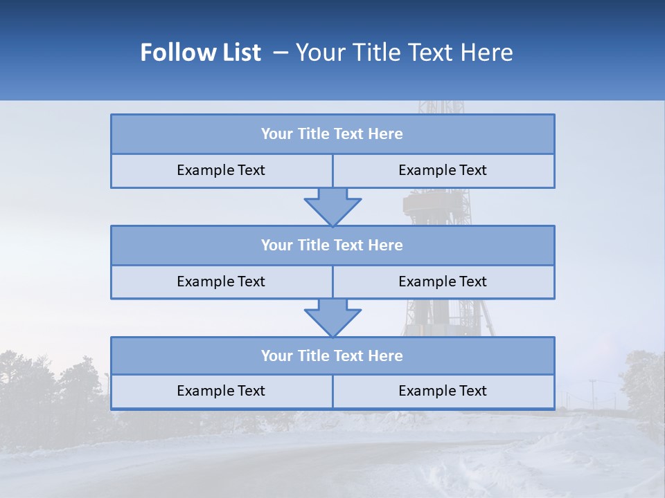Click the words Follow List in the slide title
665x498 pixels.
pos(201,53)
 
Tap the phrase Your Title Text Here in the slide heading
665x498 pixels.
pos(404,53)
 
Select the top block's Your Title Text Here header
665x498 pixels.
pos(332,134)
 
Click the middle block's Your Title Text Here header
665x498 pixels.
pos(332,245)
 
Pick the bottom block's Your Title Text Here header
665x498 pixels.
pos(332,356)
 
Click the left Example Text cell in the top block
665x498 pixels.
pos(221,170)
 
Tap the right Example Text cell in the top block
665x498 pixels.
pos(443,170)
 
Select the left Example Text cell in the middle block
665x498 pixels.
pos(221,282)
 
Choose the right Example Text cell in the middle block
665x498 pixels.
pos(443,282)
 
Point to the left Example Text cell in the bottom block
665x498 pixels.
pos(221,391)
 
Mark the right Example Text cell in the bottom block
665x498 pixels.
pos(443,391)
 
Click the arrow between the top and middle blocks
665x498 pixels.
pos(332,206)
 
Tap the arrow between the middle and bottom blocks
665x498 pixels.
pos(332,317)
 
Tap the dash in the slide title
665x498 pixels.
pos(281,53)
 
